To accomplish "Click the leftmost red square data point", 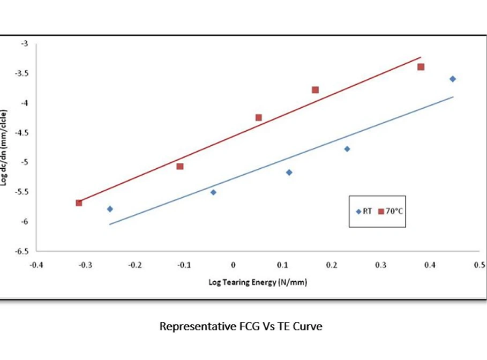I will (79, 202).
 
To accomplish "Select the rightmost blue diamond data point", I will (453, 79).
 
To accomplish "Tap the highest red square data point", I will (421, 67).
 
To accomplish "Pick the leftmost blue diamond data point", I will (110, 209).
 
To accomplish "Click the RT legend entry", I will (364, 211).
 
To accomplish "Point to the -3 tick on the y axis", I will (25, 43).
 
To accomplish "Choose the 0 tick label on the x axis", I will (233, 265).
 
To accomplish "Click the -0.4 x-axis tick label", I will (36, 265).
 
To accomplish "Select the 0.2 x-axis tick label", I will (332, 265).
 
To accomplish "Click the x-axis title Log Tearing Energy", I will (258, 282).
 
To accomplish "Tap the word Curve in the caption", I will (308, 326).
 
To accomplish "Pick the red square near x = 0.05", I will (259, 117).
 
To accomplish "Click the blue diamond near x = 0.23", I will (347, 148).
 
